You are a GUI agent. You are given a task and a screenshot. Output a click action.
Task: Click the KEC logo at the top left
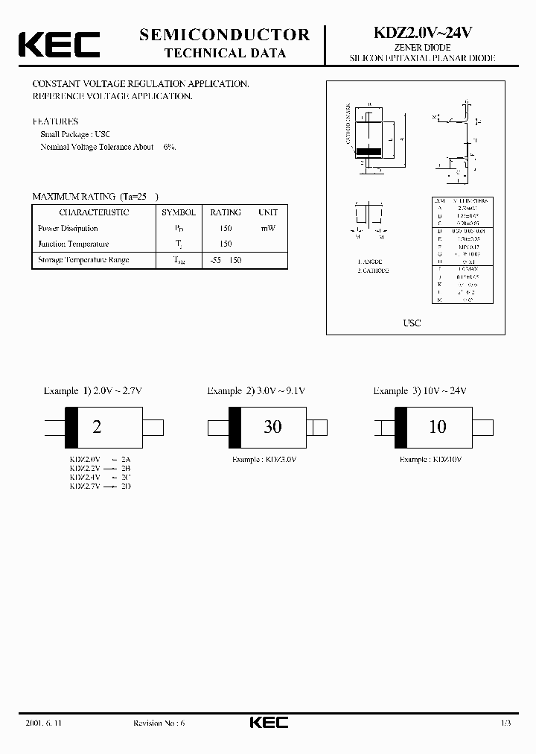(x=59, y=44)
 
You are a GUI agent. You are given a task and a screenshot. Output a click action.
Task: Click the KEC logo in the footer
(x=267, y=723)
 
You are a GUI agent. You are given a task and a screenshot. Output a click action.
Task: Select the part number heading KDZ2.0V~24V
(x=421, y=34)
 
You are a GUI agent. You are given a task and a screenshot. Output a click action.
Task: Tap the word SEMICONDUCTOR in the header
(x=224, y=34)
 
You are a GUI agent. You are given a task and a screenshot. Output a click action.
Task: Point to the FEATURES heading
(x=55, y=121)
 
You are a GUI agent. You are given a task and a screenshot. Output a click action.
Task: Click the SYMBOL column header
(x=179, y=212)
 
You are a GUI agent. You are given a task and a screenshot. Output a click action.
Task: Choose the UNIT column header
(x=267, y=212)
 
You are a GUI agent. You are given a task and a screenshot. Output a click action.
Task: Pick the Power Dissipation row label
(x=68, y=228)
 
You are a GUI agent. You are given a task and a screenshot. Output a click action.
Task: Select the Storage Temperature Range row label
(x=83, y=259)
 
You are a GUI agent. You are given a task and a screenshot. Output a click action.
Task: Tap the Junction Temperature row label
(x=73, y=244)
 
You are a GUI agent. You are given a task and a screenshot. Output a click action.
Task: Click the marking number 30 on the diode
(x=272, y=426)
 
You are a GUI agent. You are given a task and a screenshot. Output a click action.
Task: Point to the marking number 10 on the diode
(x=438, y=426)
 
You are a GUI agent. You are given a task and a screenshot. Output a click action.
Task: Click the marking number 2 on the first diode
(x=96, y=427)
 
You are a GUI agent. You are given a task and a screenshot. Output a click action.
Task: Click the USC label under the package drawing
(x=412, y=323)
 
